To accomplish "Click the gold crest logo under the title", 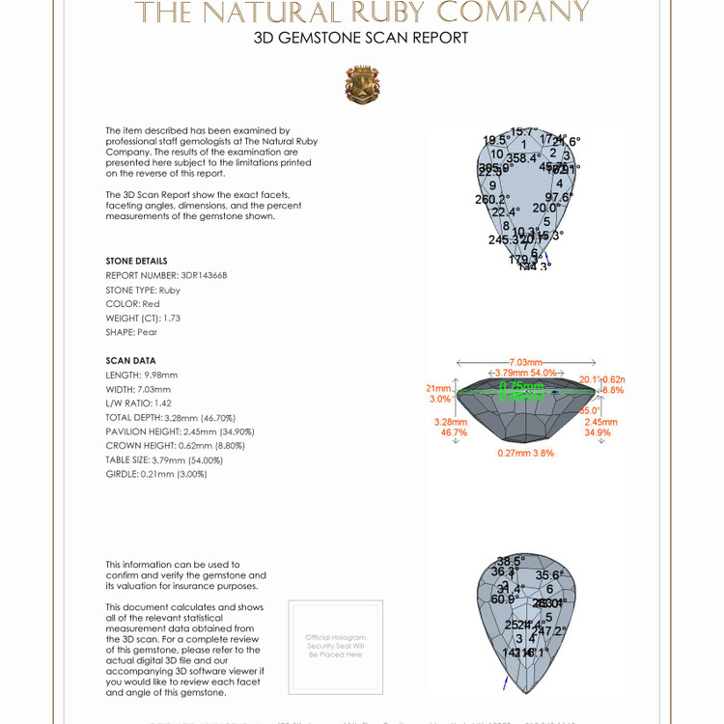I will click(x=362, y=85).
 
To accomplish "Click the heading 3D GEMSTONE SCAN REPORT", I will click(x=361, y=39).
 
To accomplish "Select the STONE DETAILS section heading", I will click(x=136, y=261).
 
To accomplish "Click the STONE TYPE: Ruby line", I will click(x=143, y=290).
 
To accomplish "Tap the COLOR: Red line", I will click(x=133, y=304).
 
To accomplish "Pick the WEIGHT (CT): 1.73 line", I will click(x=143, y=318).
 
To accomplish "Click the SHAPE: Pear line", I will click(x=131, y=332).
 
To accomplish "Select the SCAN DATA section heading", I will click(x=130, y=361).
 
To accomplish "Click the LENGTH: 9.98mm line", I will click(x=142, y=375).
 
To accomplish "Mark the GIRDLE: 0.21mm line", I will click(x=156, y=474).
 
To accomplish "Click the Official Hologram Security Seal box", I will click(x=335, y=646).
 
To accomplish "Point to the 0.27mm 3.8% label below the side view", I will click(x=525, y=453).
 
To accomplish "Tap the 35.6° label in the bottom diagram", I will click(x=548, y=575).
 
